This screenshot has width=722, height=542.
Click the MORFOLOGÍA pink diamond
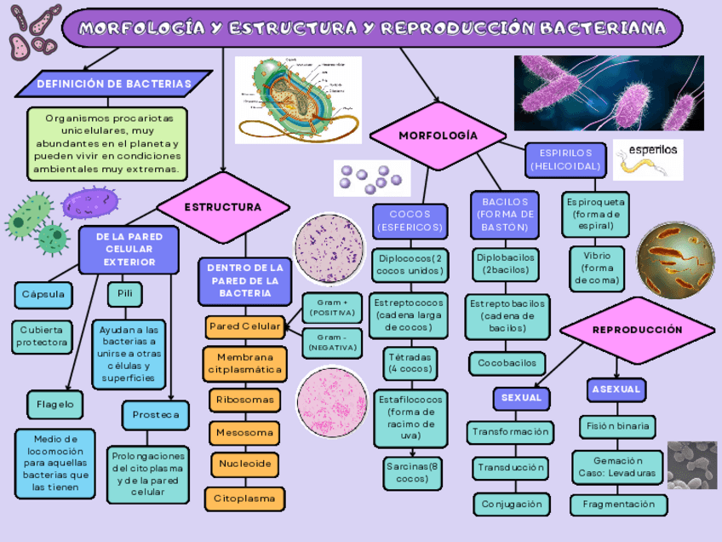click(438, 135)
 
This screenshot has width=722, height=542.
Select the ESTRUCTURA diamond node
click(223, 207)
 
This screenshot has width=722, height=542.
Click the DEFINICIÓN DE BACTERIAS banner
click(113, 84)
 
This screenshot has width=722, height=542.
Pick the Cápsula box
click(43, 295)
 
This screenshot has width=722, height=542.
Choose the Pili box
click(124, 295)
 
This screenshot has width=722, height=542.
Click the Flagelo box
click(54, 404)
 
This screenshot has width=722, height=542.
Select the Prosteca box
click(156, 415)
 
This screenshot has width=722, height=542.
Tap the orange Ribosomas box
click(244, 400)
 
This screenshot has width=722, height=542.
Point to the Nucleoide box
click(244, 464)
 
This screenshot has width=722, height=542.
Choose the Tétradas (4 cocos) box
click(410, 363)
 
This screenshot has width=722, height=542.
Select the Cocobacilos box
click(507, 363)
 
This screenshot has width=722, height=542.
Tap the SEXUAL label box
click(521, 398)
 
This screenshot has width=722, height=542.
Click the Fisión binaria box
click(618, 425)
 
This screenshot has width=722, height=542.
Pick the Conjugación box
click(511, 505)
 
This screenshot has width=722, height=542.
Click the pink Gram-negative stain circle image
click(332, 401)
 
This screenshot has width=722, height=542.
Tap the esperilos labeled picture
click(649, 159)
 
